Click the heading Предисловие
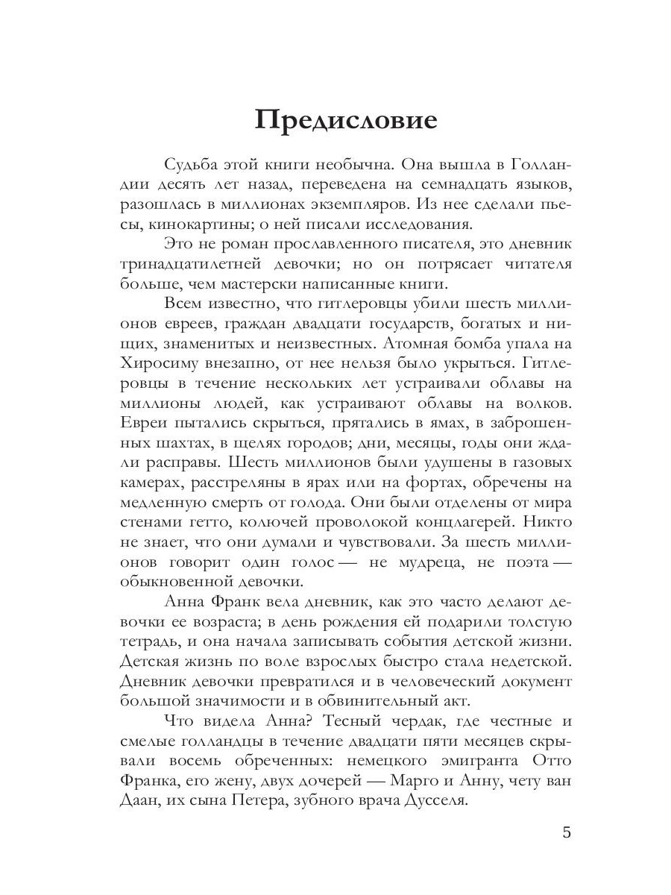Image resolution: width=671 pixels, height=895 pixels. pos(345,119)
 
